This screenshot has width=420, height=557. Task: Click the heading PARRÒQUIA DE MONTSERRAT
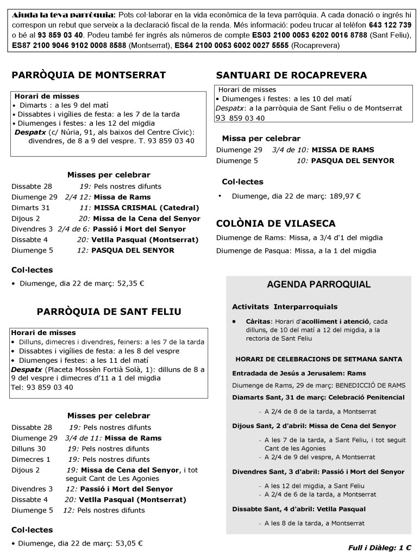89,75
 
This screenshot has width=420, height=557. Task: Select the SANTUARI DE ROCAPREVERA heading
291,75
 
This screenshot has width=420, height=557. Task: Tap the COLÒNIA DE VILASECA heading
275,223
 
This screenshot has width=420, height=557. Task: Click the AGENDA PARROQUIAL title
318,284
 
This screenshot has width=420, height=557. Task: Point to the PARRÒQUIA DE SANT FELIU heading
109,312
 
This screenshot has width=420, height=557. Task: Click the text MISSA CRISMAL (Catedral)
146,208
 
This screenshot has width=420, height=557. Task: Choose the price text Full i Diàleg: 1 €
379,548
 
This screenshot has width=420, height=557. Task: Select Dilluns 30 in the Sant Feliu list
29,449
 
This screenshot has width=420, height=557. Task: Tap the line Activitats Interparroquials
285,307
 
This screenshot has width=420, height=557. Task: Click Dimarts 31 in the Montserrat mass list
30,208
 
